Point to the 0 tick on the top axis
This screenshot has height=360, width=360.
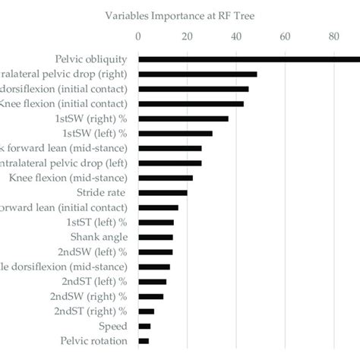(x=138, y=36)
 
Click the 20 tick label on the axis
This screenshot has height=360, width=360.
(x=187, y=36)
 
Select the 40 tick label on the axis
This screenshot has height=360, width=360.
(x=235, y=36)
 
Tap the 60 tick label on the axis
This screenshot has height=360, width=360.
(x=285, y=36)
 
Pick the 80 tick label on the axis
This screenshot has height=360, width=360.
(x=334, y=36)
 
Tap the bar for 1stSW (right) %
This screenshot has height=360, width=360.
(x=183, y=118)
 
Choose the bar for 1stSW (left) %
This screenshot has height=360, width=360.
(x=175, y=134)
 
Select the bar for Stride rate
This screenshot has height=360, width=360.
(x=163, y=193)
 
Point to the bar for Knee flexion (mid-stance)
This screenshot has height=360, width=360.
(x=165, y=178)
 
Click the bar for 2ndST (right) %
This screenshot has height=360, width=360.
(x=146, y=311)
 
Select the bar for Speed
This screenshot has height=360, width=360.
(x=144, y=326)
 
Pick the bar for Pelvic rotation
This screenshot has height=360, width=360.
(x=144, y=341)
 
